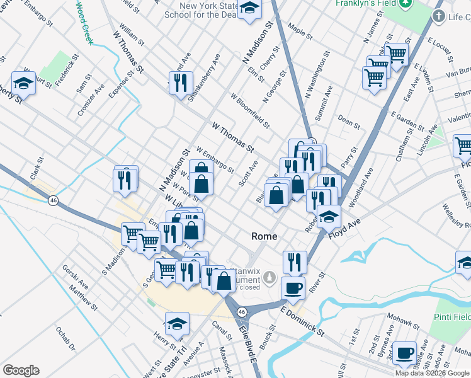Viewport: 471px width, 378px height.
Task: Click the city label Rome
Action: click(x=264, y=236)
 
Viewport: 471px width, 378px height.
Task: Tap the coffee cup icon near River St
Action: click(x=293, y=288)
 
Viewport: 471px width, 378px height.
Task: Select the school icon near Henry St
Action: click(x=177, y=323)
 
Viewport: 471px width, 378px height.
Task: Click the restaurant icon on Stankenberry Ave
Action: click(x=181, y=83)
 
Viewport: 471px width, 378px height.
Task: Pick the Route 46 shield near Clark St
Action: click(x=54, y=200)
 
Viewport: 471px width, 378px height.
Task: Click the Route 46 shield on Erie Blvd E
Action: click(x=241, y=311)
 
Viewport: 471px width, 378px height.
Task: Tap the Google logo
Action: click(x=21, y=370)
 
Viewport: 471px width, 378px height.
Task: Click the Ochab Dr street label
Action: click(x=65, y=339)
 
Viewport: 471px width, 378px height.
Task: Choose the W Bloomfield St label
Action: click(x=249, y=112)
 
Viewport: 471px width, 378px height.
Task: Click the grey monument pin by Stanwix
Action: click(x=270, y=277)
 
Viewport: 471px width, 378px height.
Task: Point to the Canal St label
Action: click(x=218, y=329)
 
